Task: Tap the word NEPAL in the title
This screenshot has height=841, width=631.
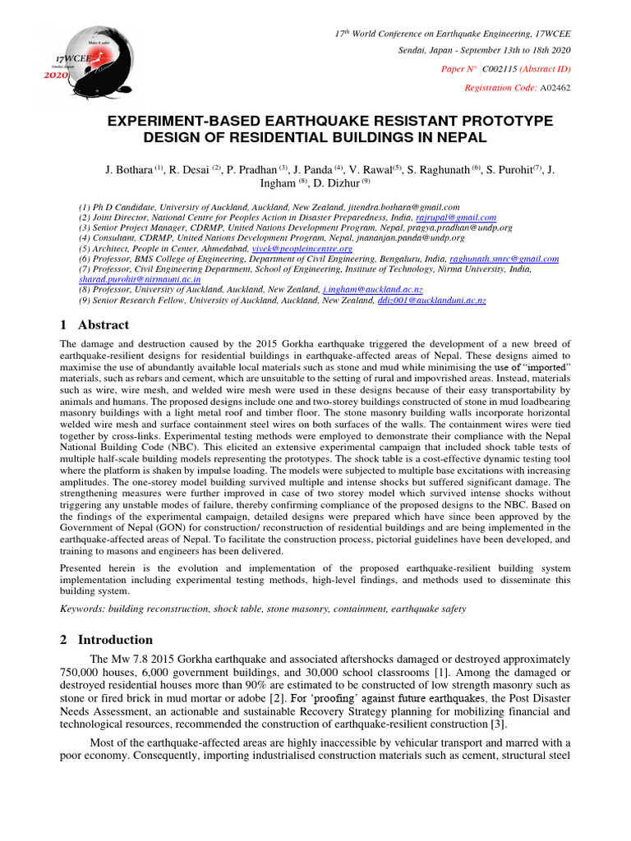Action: coord(457,137)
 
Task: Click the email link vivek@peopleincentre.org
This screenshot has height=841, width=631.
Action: coord(313,248)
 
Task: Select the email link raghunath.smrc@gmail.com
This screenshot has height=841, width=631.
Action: coord(507,259)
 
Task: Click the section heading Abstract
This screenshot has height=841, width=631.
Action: coord(105,325)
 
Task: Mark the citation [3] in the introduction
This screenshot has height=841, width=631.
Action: coord(501,724)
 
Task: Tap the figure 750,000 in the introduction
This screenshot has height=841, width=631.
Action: coord(85,672)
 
